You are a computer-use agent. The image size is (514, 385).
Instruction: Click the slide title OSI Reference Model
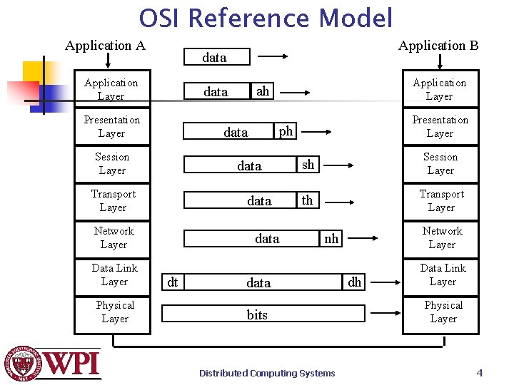coord(266,18)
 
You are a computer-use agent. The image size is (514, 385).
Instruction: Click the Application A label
coord(105,46)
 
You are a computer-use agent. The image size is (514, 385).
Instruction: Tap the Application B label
coord(438,46)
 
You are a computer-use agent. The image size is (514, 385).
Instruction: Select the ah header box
coord(263,91)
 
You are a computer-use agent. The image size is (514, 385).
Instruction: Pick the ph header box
coord(286,130)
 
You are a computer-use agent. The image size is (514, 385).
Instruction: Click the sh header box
coord(308,164)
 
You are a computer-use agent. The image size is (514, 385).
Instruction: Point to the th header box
coord(307,200)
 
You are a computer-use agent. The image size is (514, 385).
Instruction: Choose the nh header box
coord(331,239)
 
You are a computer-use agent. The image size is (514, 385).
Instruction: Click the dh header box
coord(355,282)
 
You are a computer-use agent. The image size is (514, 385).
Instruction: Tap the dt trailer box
coord(172,282)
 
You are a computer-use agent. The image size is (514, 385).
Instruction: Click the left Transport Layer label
coord(113,200)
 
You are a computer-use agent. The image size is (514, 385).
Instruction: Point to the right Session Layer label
coord(440,163)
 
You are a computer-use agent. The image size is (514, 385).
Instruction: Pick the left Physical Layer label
coord(114,312)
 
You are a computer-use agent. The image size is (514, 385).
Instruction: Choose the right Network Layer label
coord(442,237)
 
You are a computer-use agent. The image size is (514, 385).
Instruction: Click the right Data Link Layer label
coord(443,274)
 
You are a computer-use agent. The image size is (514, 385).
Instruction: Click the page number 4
coord(480,372)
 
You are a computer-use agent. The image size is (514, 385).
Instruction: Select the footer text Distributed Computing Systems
coord(267,373)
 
